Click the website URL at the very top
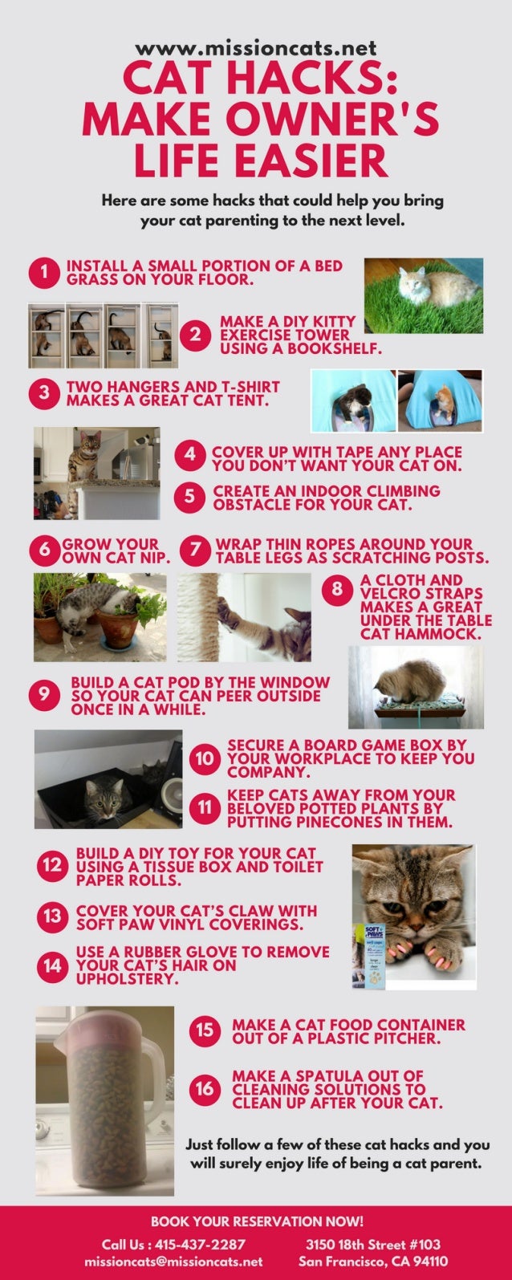click(256, 49)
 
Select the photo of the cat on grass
click(424, 295)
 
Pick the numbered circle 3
click(45, 393)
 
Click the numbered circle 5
click(190, 498)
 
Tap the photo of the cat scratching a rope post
click(244, 616)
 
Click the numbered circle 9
click(45, 696)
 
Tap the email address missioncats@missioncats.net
click(173, 1262)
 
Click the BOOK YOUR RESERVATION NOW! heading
click(257, 1221)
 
